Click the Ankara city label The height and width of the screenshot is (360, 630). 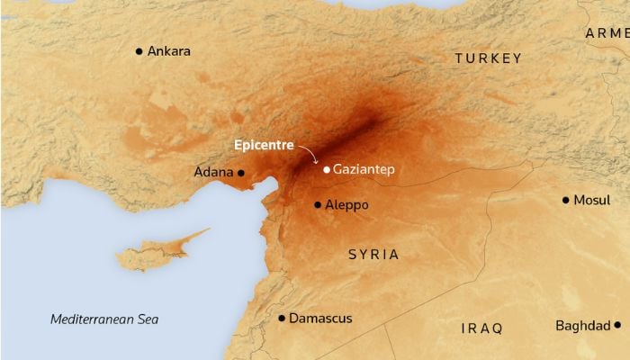click(x=169, y=51)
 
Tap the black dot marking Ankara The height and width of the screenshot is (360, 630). click(x=139, y=51)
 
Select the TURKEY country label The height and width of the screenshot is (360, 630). click(x=488, y=58)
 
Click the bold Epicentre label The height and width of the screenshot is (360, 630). click(x=264, y=144)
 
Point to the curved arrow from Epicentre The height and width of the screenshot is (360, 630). click(x=310, y=154)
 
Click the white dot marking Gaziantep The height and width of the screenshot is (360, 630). click(x=326, y=168)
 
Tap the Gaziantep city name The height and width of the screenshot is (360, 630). click(x=364, y=168)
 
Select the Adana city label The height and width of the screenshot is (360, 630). click(x=213, y=172)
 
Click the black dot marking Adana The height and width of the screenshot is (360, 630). click(x=240, y=172)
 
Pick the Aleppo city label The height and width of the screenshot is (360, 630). click(x=347, y=205)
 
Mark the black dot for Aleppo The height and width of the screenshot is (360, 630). click(x=318, y=205)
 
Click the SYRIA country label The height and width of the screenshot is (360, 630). click(x=373, y=255)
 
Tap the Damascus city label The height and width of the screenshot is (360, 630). click(x=321, y=319)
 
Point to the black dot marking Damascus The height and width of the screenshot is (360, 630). click(x=282, y=319)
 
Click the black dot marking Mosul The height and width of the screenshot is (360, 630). click(x=565, y=200)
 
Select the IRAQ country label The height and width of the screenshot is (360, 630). click(x=481, y=328)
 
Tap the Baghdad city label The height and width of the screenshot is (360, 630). click(x=582, y=325)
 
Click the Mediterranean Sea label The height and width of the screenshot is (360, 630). click(x=104, y=319)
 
